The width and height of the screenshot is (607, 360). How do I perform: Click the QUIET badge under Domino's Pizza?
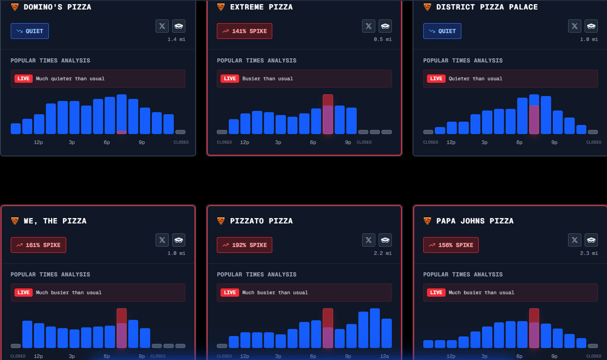(x=30, y=31)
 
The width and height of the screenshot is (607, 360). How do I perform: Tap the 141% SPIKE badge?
(x=245, y=31)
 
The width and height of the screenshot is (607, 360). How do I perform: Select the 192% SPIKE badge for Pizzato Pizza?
(x=245, y=245)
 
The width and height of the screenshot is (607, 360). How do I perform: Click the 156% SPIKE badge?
(x=451, y=245)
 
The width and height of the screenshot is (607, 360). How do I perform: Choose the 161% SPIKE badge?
(x=38, y=245)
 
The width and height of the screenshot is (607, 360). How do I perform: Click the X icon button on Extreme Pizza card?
(x=368, y=26)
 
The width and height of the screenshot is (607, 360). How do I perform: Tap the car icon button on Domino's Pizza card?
(x=179, y=26)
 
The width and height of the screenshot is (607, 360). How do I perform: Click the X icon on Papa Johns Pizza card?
(x=574, y=240)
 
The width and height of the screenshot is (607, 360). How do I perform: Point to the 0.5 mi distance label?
(x=382, y=39)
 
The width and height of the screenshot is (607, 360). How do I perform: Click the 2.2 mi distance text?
(x=382, y=253)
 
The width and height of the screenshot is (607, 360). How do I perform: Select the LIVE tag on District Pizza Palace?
(x=436, y=79)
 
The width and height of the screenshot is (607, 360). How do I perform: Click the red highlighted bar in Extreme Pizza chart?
(x=328, y=115)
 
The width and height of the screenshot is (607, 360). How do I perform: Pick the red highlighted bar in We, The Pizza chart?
(x=122, y=328)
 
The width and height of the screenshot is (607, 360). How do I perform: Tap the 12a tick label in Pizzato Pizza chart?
(x=384, y=356)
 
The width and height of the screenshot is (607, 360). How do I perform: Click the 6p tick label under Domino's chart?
(x=107, y=142)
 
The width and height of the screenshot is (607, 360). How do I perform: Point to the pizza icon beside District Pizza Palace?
(x=427, y=7)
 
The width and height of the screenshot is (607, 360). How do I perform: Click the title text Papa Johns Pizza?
(x=475, y=221)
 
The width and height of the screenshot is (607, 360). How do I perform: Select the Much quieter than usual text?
(x=70, y=79)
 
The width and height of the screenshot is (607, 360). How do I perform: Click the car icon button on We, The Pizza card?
(x=179, y=240)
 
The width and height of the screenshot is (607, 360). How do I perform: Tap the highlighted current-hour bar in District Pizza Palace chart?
(x=534, y=115)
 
